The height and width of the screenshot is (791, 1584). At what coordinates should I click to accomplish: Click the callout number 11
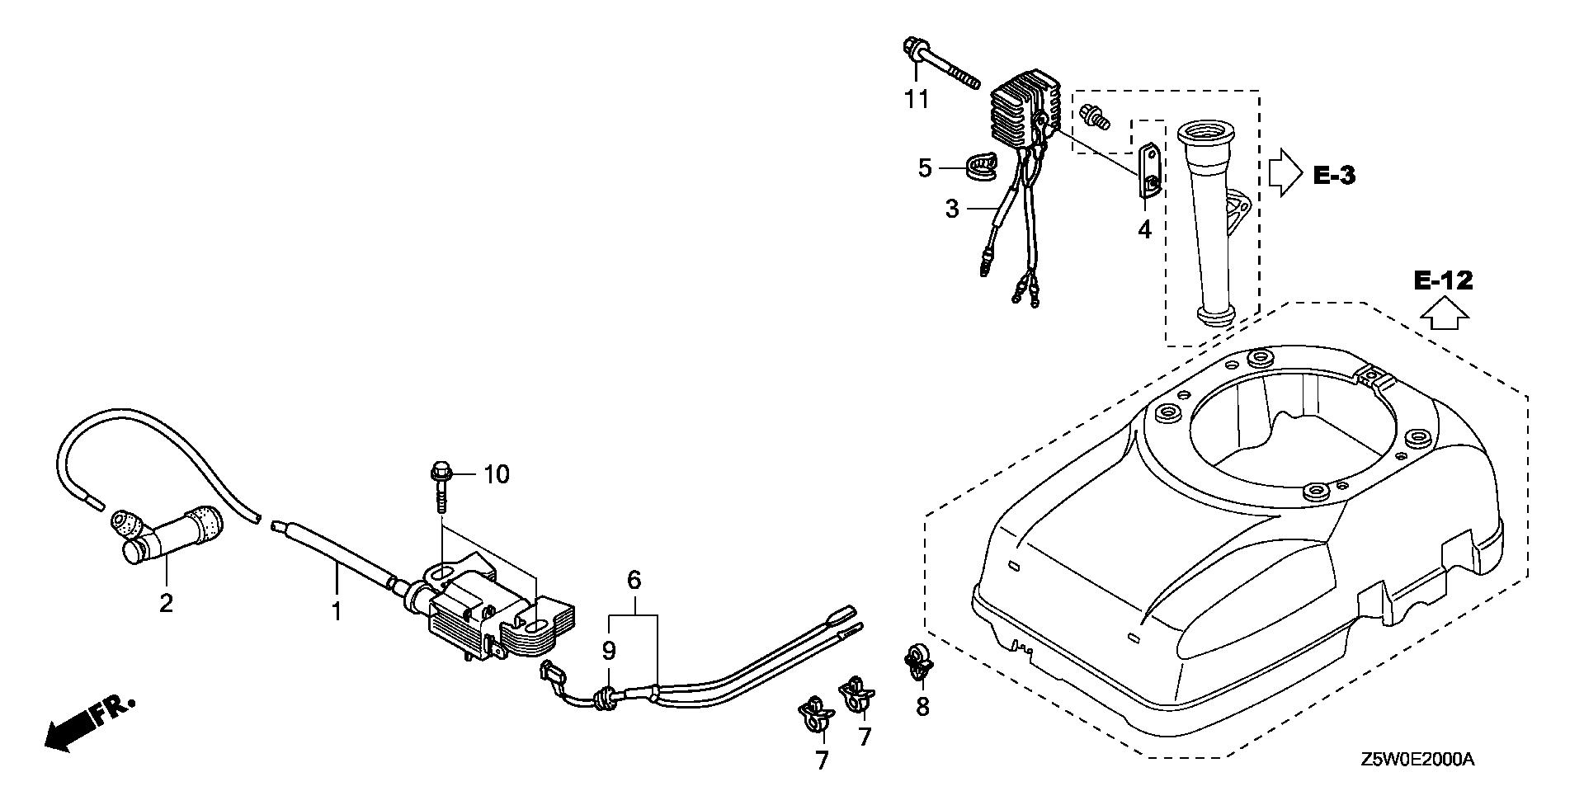tap(916, 100)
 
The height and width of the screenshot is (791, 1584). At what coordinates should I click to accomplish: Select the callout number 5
tap(925, 168)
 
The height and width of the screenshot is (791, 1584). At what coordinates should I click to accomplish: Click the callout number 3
tap(952, 209)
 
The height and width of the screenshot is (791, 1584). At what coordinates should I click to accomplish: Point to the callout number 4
tap(1143, 229)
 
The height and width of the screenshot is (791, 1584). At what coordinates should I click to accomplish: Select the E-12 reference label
tap(1443, 281)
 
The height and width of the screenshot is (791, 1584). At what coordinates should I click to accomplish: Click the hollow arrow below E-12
tap(1443, 314)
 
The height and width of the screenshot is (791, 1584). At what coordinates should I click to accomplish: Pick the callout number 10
tap(497, 474)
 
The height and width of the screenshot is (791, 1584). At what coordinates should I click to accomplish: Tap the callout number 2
tap(166, 604)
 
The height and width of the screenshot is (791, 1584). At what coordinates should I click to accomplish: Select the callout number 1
tap(336, 611)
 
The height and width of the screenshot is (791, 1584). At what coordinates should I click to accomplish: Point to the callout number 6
tap(634, 581)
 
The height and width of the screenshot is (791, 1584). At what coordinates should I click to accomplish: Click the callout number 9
tap(609, 652)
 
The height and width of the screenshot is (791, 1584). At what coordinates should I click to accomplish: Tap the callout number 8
tap(922, 706)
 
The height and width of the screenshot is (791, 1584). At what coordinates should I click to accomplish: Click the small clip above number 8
tap(917, 662)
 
